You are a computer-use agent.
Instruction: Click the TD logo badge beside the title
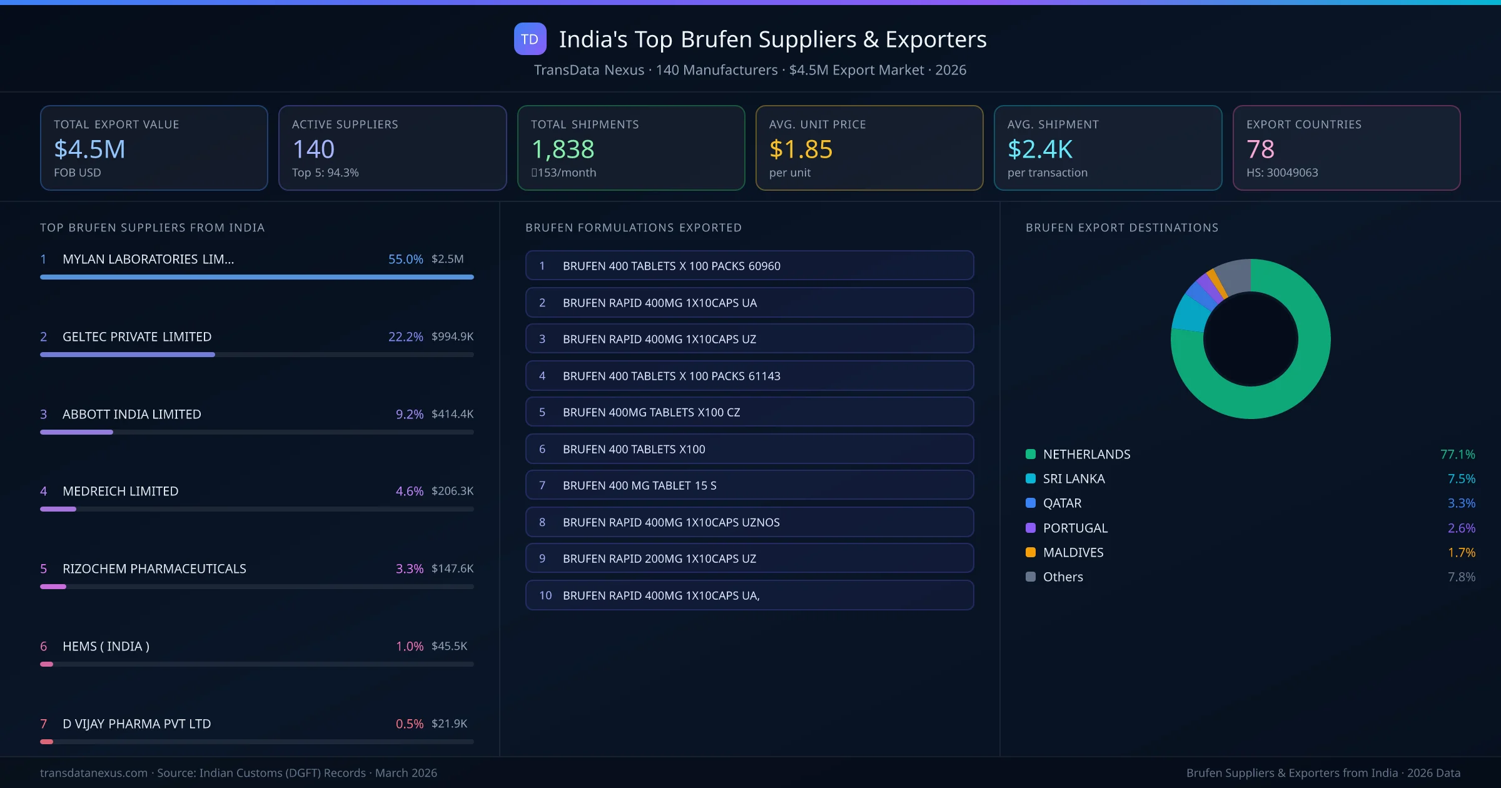[530, 39]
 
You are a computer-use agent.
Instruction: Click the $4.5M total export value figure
[89, 149]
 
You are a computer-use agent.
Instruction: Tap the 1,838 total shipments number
[562, 149]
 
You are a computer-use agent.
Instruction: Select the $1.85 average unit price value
[801, 149]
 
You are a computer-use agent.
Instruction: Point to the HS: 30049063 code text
[1281, 173]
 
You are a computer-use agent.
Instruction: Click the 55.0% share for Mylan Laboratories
[405, 259]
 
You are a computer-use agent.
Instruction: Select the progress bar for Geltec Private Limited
[256, 355]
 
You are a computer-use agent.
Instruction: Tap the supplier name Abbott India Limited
[131, 414]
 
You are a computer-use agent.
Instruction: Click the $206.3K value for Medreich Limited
[452, 491]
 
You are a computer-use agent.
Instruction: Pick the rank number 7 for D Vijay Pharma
[44, 724]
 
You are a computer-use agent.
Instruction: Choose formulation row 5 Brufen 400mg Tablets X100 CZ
[749, 412]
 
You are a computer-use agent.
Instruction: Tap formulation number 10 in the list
[545, 595]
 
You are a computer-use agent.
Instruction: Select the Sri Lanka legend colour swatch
[1031, 478]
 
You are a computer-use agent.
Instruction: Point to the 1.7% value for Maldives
[1461, 552]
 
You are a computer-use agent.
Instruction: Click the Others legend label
[1063, 577]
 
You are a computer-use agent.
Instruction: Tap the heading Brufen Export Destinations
[1121, 228]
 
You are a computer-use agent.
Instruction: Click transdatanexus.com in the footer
[94, 773]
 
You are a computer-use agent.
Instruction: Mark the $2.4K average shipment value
[1039, 149]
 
